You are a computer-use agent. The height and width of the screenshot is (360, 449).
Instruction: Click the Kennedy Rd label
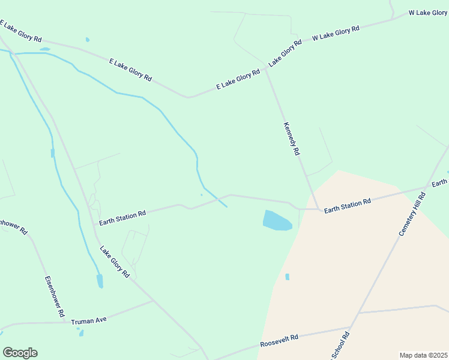click(x=291, y=139)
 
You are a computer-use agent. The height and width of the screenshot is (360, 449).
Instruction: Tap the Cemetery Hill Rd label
click(x=412, y=214)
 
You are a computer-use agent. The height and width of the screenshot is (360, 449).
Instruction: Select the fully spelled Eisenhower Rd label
click(x=54, y=296)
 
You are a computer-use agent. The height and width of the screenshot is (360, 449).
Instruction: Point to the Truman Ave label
click(x=88, y=321)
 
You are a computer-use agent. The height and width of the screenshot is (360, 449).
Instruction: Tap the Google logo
click(x=20, y=353)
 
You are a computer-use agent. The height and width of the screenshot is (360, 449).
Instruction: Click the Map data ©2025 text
click(x=423, y=355)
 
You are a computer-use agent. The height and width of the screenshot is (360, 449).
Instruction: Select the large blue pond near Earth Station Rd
click(x=277, y=220)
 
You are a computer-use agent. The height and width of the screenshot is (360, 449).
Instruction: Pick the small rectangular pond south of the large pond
click(x=287, y=277)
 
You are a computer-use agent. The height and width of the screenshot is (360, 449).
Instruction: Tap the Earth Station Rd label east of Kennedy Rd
click(x=348, y=204)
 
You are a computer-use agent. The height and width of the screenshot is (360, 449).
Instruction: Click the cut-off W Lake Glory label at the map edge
click(x=428, y=13)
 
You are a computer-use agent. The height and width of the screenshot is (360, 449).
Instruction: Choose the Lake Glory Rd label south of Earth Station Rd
click(x=115, y=262)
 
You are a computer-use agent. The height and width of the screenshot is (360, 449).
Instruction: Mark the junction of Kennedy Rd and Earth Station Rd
click(x=316, y=209)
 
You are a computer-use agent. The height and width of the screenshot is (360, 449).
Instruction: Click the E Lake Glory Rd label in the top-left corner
click(x=20, y=32)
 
